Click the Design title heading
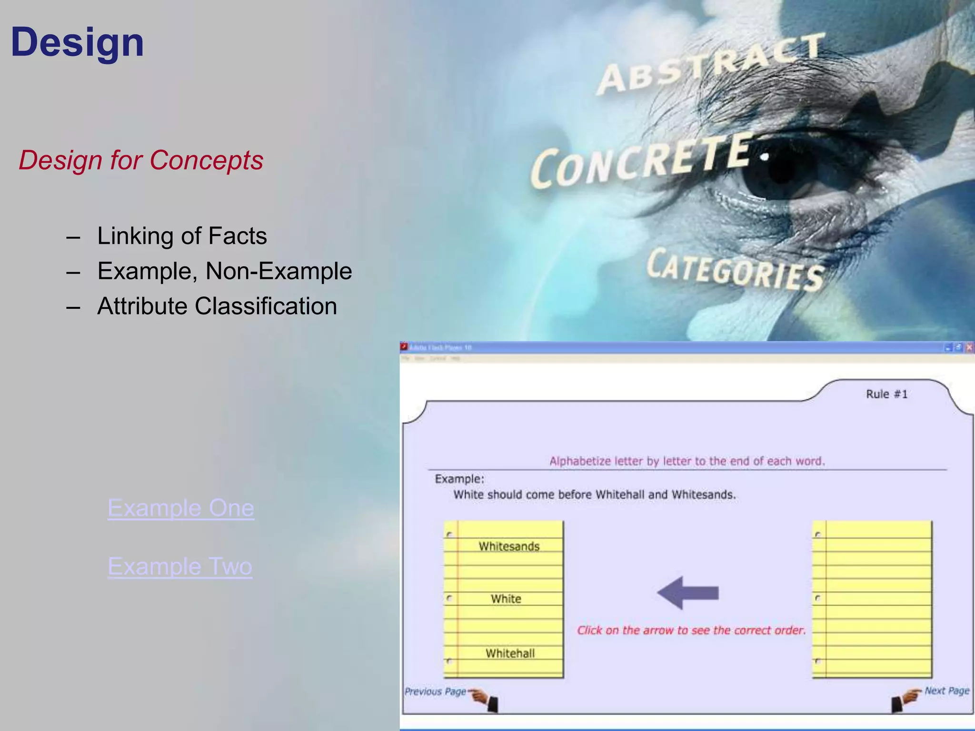coord(77,43)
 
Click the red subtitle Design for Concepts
coord(141,160)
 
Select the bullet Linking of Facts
coord(182,236)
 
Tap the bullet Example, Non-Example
coord(224,271)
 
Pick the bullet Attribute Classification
coord(217,306)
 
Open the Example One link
coord(181,508)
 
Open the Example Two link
coord(180,566)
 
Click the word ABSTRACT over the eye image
coord(709,64)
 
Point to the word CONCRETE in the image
coord(643,162)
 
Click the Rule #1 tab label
coord(886,394)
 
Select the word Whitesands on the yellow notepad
coord(509,546)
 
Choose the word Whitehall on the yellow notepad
coord(510,653)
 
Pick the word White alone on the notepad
coord(506,599)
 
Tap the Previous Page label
coord(435,691)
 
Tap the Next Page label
coord(946,691)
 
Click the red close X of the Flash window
coord(969,347)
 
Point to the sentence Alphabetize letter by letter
coord(686,461)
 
